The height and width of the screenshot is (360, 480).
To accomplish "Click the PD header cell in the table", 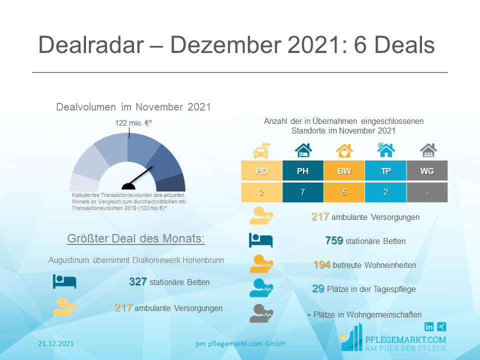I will coord(261,171).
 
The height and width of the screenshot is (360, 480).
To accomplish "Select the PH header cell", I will coord(302,171).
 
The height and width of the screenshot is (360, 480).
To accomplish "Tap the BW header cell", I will coord(344,171).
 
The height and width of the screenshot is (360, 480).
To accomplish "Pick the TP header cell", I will coord(385,171).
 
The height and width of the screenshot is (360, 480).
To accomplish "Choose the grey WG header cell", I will coord(427,171).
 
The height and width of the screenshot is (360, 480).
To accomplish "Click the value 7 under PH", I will coord(302,193).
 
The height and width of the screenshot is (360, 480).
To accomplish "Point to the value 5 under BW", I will coord(344,193).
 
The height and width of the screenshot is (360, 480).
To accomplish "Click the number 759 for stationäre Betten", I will coord(334,241).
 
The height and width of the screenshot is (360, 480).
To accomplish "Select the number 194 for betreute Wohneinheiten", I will coord(322,265).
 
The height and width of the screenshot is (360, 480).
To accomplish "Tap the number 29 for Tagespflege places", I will coord(318,288).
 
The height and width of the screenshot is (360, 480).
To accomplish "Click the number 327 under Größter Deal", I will coord(137,282).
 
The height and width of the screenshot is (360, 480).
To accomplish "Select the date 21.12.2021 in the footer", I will coord(56,343).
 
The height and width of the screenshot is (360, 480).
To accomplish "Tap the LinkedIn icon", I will coord(429,326).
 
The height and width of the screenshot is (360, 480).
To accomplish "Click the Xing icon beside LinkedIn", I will coord(441,326).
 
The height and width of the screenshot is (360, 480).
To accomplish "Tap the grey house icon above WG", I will coord(427,149).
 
